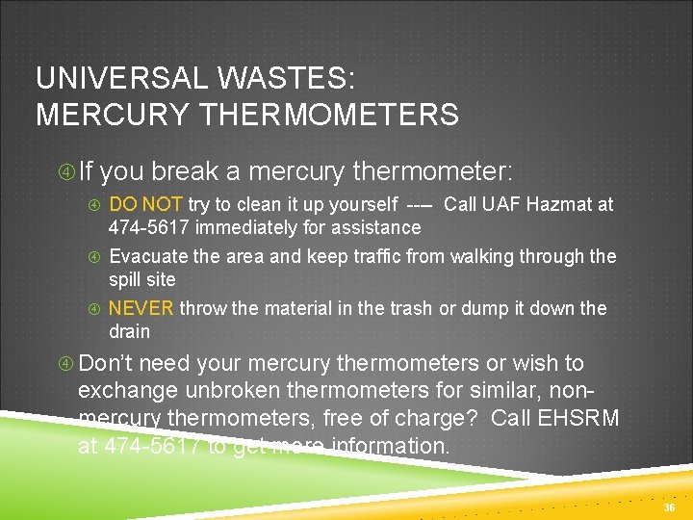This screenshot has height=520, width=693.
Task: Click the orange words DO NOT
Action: pyautogui.click(x=145, y=204)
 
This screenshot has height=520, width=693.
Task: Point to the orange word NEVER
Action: pyautogui.click(x=141, y=308)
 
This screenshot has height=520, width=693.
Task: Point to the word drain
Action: pyautogui.click(x=129, y=331)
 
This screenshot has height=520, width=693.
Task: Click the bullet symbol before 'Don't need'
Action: pyautogui.click(x=66, y=364)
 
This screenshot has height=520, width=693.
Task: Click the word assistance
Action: pyautogui.click(x=376, y=228)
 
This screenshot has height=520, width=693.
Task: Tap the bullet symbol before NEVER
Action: pyautogui.click(x=94, y=309)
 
